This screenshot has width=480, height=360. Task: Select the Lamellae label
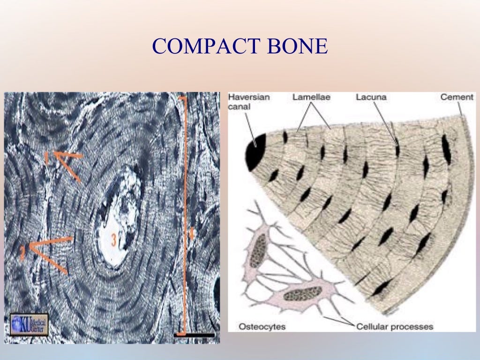(x=312, y=97)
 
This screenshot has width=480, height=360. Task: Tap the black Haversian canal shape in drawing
(x=255, y=151)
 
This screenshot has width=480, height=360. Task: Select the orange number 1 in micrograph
(x=47, y=158)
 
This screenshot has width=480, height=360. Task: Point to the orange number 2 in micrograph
(x=22, y=253)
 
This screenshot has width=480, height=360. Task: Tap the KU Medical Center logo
(x=29, y=324)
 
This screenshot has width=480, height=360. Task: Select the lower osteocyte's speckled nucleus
(x=302, y=294)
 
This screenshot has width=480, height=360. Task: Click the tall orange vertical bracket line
(x=184, y=211)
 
